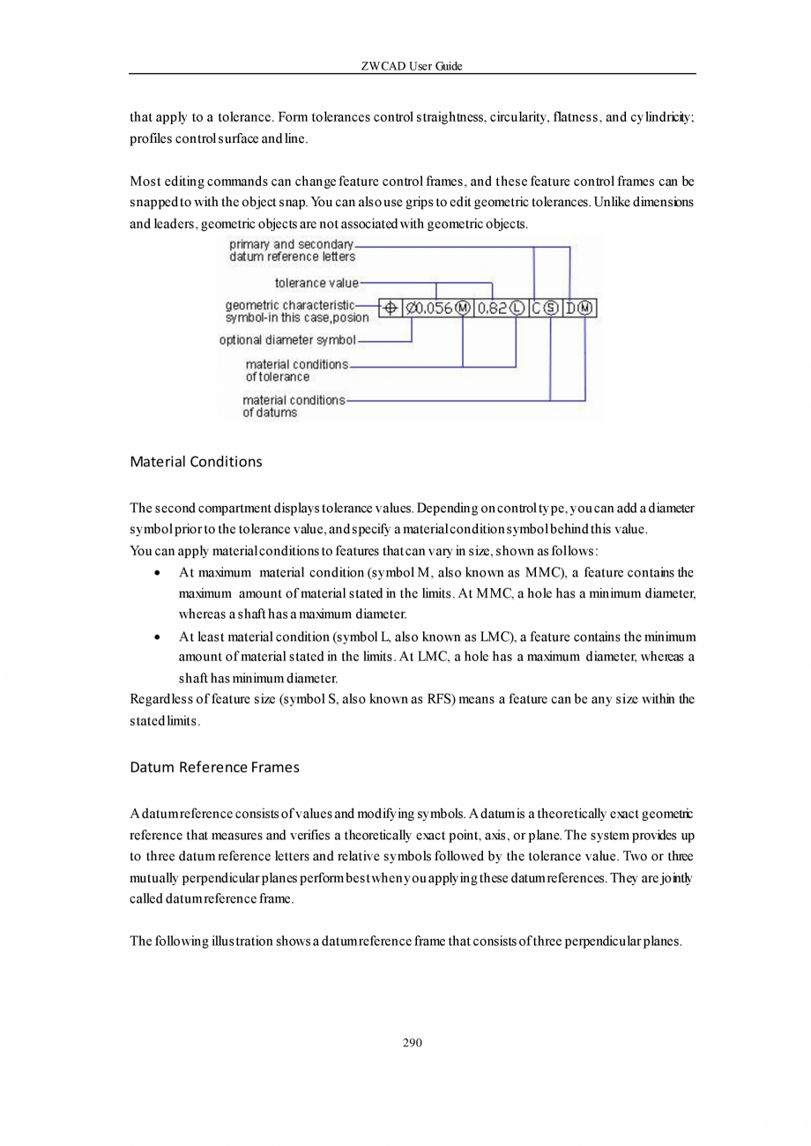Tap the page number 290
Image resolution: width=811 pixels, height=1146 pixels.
(412, 1043)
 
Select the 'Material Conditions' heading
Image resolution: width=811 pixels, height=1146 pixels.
(196, 462)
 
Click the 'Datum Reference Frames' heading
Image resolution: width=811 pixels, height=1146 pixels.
(214, 767)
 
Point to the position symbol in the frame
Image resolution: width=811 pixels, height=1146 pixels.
(390, 308)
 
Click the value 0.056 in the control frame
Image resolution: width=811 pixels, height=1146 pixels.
(433, 308)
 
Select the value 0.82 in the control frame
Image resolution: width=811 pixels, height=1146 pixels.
(493, 308)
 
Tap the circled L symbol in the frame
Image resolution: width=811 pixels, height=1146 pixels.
(517, 308)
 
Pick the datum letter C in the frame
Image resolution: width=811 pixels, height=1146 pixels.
(537, 308)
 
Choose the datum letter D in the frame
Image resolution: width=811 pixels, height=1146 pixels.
(571, 308)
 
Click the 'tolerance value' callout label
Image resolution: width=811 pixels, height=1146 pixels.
(316, 283)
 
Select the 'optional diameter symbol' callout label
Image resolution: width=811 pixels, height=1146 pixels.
(287, 340)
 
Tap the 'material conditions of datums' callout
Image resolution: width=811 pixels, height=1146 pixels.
(294, 406)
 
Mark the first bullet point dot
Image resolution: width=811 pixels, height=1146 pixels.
(156, 573)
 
